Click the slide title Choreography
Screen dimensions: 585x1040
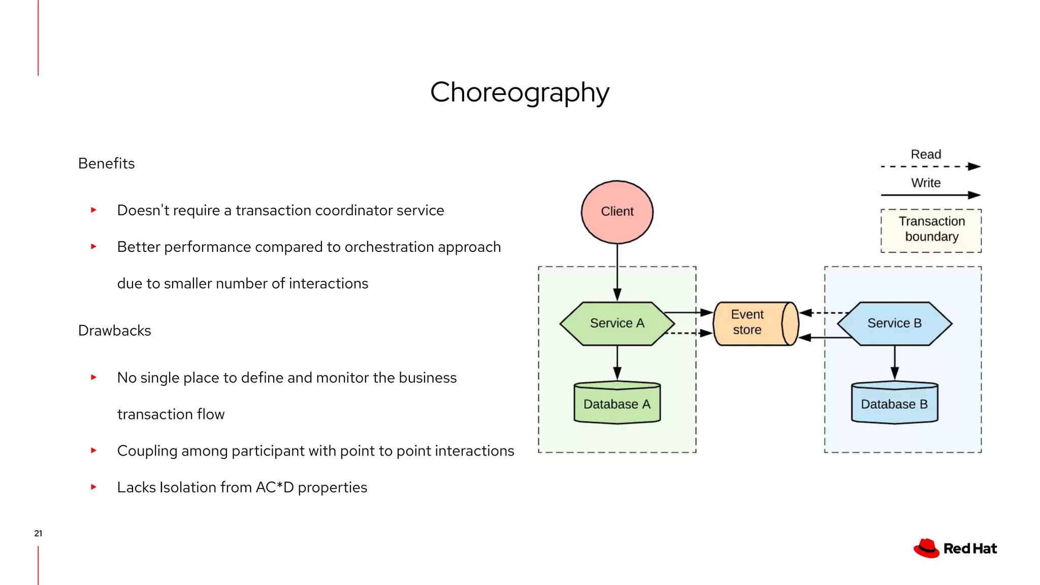pyautogui.click(x=519, y=92)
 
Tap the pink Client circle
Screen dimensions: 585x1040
pyautogui.click(x=617, y=212)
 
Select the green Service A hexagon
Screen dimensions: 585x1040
pyautogui.click(x=617, y=323)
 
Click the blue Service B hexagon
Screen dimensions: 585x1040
pyautogui.click(x=894, y=323)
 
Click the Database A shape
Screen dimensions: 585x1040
pyautogui.click(x=617, y=404)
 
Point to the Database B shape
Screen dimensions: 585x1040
pyautogui.click(x=894, y=404)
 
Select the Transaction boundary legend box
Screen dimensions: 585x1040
pyautogui.click(x=931, y=230)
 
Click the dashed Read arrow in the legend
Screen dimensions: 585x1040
pyautogui.click(x=929, y=167)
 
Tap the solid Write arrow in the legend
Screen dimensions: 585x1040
pyautogui.click(x=929, y=195)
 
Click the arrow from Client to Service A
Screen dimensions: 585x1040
pyautogui.click(x=617, y=272)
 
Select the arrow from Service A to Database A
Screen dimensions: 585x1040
pyautogui.click(x=617, y=363)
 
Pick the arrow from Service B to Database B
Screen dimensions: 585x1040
pyautogui.click(x=894, y=363)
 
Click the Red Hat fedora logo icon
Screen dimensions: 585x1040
pyautogui.click(x=926, y=548)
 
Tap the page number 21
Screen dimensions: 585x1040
pyautogui.click(x=38, y=533)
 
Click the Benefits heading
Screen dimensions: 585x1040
pyautogui.click(x=106, y=164)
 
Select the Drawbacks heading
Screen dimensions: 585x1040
pyautogui.click(x=114, y=331)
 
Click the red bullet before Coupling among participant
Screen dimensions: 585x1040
pyautogui.click(x=93, y=450)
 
